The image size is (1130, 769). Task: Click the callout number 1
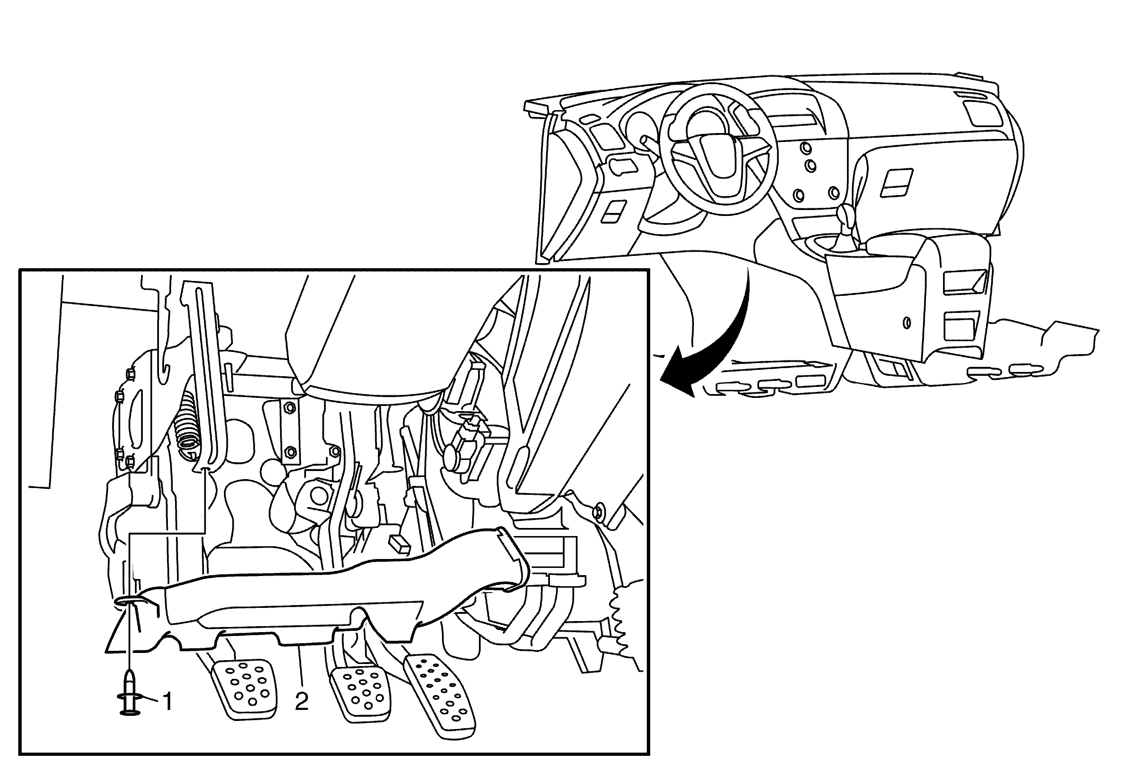(167, 702)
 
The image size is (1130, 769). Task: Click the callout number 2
(301, 701)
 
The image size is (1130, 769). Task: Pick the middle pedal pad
(362, 695)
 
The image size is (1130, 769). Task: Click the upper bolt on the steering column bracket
(290, 407)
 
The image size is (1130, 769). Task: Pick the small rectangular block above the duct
(399, 544)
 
